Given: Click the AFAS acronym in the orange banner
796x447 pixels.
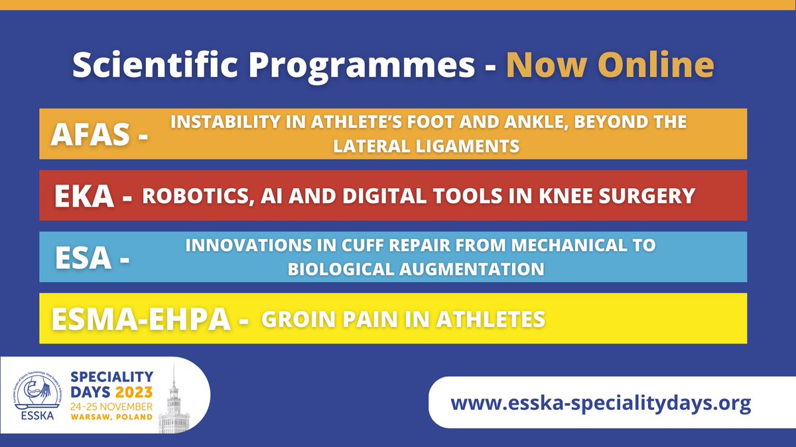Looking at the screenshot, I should tap(92, 135).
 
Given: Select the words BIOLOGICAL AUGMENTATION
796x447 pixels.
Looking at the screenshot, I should tap(416, 270).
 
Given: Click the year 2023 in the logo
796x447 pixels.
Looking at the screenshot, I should tap(133, 391).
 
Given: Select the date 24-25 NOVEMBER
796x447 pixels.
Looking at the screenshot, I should tap(111, 405).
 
